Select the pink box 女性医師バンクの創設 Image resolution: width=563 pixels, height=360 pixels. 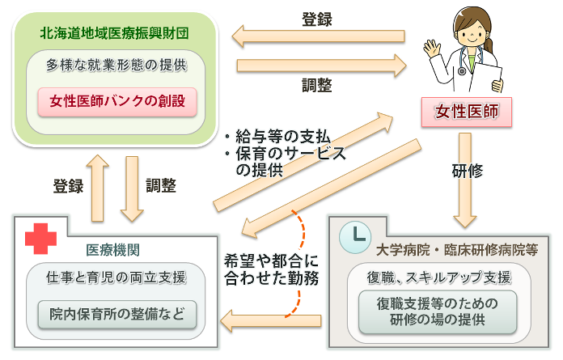(x=118, y=101)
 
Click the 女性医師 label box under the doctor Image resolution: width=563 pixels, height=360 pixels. (x=467, y=112)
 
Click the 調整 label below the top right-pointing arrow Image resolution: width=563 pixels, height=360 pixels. (x=318, y=85)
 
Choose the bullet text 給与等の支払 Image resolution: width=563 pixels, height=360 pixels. (x=275, y=136)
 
